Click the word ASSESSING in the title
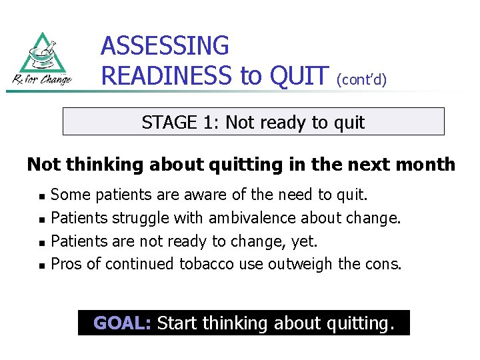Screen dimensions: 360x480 (x=165, y=46)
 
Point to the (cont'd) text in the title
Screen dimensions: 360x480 (x=361, y=79)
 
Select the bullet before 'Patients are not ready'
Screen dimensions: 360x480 (x=41, y=242)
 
